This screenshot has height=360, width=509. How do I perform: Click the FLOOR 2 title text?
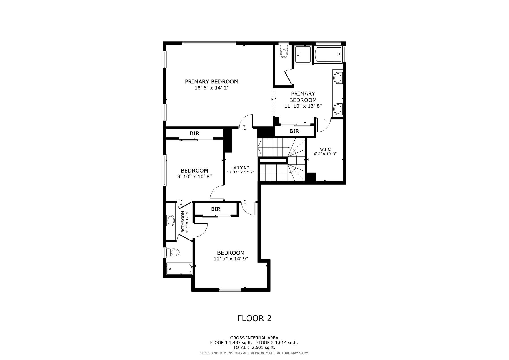point(254,318)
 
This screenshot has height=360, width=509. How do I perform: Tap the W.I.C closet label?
point(325,149)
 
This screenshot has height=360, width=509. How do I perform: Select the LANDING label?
point(240,168)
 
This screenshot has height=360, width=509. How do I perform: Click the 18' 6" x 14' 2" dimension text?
point(212,88)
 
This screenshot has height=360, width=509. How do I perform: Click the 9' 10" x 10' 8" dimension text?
point(194,176)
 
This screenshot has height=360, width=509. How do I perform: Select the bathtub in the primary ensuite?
point(329,54)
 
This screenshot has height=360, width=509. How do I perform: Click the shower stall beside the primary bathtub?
point(303,54)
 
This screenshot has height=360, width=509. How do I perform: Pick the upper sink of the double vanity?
point(338,78)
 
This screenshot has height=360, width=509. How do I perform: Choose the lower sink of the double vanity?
point(338,109)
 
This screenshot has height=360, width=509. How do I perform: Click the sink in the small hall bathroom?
point(171,221)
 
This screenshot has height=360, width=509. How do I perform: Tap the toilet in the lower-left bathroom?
point(172,252)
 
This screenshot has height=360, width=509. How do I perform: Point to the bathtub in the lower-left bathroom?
point(180,269)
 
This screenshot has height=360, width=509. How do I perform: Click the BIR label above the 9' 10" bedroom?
point(194,133)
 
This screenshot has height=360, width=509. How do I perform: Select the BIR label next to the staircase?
point(294,131)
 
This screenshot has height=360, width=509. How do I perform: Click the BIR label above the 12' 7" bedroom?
point(215,209)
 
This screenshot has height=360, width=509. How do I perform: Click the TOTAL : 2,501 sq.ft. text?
point(254,348)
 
